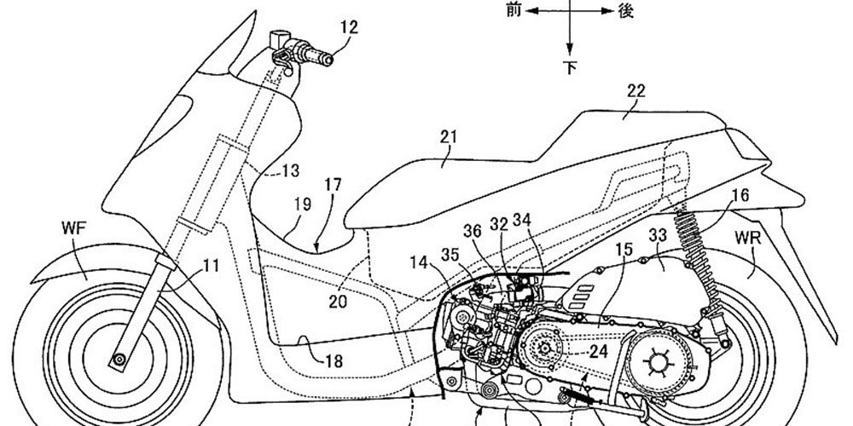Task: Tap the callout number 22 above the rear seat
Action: click(636, 91)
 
